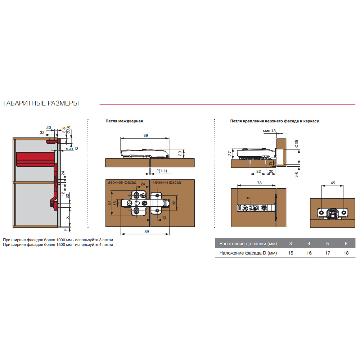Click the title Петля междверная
124,121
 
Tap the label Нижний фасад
167,182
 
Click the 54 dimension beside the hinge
109,203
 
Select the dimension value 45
333,183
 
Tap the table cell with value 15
291,253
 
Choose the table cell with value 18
346,253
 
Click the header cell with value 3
291,244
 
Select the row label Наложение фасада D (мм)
248,253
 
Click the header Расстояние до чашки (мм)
248,244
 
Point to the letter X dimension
67,218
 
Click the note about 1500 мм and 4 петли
58,244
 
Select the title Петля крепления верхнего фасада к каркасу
274,121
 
